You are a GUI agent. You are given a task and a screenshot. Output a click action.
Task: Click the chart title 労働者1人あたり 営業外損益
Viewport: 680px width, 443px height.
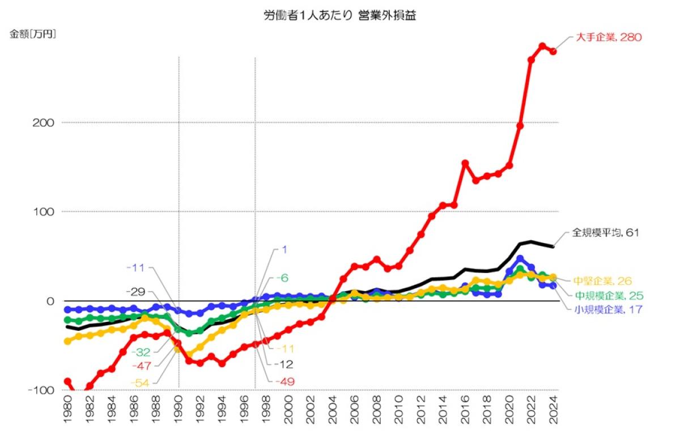[x=340, y=16]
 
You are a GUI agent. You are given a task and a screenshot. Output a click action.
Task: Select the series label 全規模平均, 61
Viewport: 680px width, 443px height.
[x=605, y=232]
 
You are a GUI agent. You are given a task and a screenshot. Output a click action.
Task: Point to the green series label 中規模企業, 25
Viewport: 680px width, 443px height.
[x=610, y=295]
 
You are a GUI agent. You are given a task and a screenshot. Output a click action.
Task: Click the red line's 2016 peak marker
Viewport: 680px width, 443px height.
[x=465, y=163]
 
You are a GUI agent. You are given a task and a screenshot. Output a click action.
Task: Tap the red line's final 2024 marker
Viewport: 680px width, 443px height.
[x=553, y=52]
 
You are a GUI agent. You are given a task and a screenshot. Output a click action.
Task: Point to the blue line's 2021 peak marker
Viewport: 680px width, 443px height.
[x=520, y=259]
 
